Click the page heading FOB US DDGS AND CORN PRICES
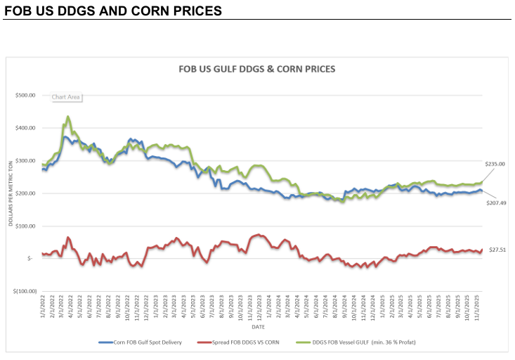[x=113, y=11]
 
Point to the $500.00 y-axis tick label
[x=26, y=95]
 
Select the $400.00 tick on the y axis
[x=26, y=128]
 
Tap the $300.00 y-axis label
[x=26, y=161]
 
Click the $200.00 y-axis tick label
[x=26, y=193]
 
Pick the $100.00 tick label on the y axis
[x=26, y=226]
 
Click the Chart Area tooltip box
[x=65, y=97]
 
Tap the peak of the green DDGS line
[x=67, y=117]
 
